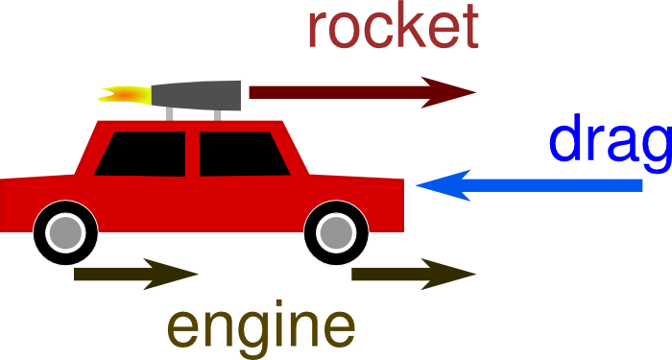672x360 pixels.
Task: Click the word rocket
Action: pyautogui.click(x=393, y=29)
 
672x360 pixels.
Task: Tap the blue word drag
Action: pyautogui.click(x=610, y=142)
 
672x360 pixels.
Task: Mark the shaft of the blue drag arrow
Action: pyautogui.click(x=557, y=184)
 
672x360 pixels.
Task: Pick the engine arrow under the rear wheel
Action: pyautogui.click(x=134, y=275)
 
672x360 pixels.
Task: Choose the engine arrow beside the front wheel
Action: pyautogui.click(x=413, y=275)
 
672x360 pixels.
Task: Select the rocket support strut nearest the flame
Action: pyautogui.click(x=171, y=113)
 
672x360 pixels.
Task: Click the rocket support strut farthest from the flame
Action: pyautogui.click(x=217, y=114)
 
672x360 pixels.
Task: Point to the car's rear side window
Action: pyautogui.click(x=144, y=154)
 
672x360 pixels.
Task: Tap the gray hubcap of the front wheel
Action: pyautogui.click(x=334, y=231)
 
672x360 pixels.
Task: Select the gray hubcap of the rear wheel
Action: pyautogui.click(x=64, y=232)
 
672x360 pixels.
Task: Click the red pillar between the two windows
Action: pyautogui.click(x=192, y=154)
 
